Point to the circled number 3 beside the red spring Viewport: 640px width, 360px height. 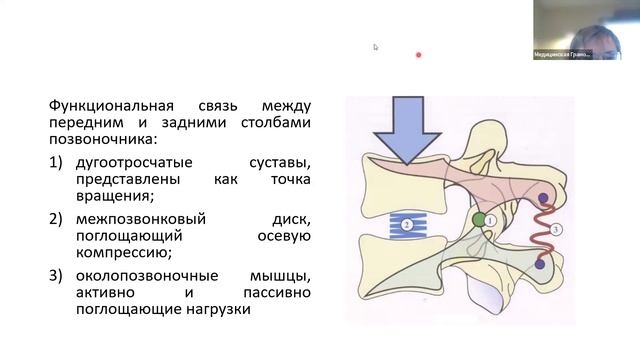(x=557, y=229)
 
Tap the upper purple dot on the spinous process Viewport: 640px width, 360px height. (x=543, y=199)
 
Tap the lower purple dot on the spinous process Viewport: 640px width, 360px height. (x=540, y=265)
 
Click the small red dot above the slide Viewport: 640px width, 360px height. (x=418, y=55)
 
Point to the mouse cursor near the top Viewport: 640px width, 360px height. (x=376, y=47)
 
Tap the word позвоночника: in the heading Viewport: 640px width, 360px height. (x=96, y=141)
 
